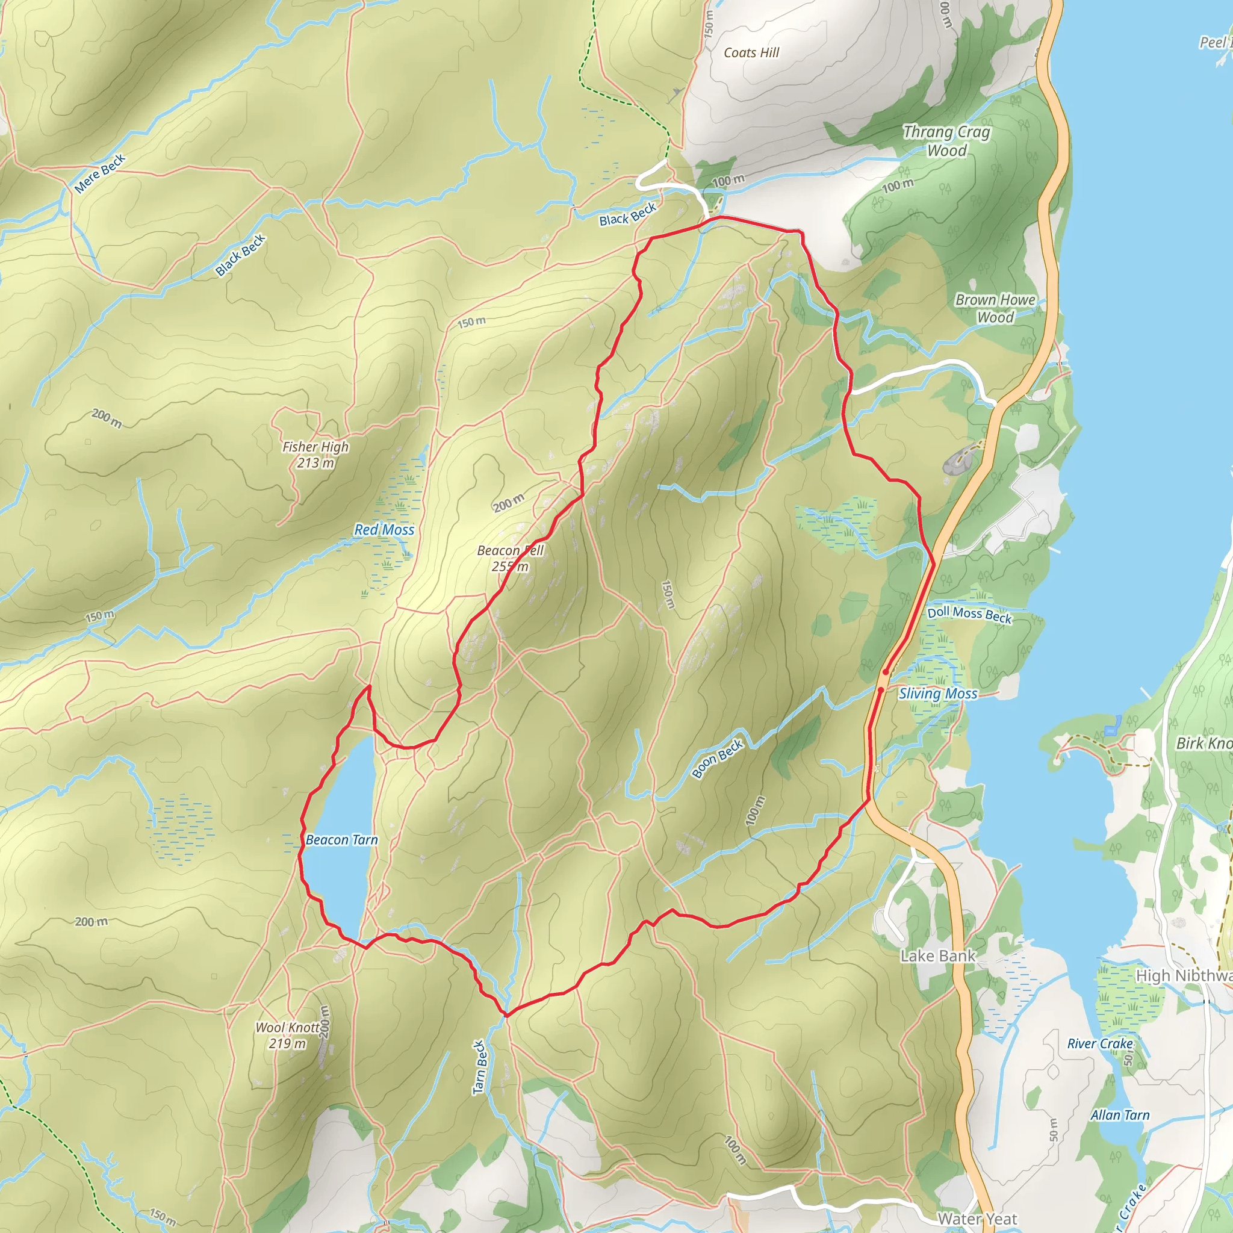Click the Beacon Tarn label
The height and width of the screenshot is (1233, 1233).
tap(341, 840)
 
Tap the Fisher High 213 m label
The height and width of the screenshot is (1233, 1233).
tap(315, 455)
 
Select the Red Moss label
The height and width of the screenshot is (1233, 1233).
tap(384, 530)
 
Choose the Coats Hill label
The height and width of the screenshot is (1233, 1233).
tap(751, 53)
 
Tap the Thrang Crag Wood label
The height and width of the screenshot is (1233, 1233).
tap(946, 141)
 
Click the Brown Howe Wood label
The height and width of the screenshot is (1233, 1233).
tap(995, 308)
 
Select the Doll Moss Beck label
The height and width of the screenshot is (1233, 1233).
tap(969, 615)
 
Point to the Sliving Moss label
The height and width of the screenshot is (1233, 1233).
tap(937, 694)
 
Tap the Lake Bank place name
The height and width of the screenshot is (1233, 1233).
tap(937, 955)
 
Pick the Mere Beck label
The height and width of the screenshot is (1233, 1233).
tap(99, 173)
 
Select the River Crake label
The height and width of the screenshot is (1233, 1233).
tap(1099, 1043)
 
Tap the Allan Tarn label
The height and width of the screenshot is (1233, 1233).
tap(1119, 1115)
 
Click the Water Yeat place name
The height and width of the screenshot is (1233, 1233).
tap(977, 1219)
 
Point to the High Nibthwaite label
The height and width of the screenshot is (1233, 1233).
tap(1183, 975)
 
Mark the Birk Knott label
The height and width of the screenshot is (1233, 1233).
tap(1203, 744)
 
